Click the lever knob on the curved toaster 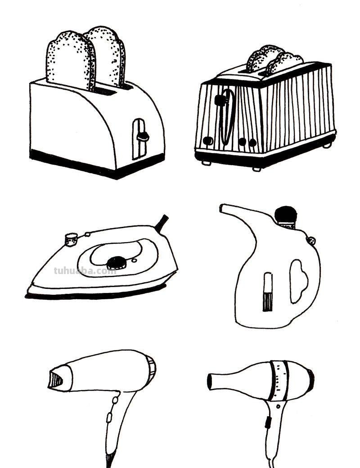[143, 136]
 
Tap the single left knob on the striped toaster [208, 140]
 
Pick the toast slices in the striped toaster [274, 60]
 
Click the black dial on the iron [117, 262]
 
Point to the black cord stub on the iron [162, 223]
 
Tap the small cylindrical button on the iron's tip [71, 240]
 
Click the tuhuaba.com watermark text [85, 271]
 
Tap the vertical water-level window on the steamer [268, 292]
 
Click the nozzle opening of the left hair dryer [55, 380]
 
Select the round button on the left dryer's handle [115, 400]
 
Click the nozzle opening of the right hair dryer [210, 382]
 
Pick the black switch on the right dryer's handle [267, 423]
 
